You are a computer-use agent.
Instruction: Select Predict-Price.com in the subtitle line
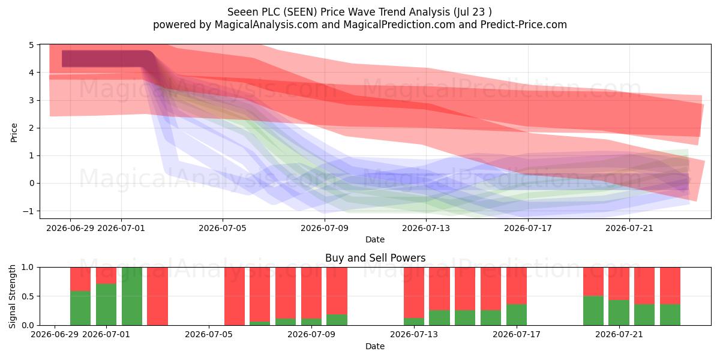tap(524, 25)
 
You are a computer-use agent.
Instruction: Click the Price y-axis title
tap(14, 133)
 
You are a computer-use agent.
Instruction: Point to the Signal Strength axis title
tap(12, 296)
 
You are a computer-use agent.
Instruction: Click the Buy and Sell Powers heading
tap(375, 258)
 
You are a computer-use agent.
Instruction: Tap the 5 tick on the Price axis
tap(31, 45)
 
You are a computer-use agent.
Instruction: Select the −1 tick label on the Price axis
tap(29, 211)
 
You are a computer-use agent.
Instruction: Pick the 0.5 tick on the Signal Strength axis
tap(28, 296)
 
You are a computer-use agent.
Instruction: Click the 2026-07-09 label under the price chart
tap(325, 228)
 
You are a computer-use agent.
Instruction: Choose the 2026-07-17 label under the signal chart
tap(517, 335)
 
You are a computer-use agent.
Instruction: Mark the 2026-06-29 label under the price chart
tap(70, 228)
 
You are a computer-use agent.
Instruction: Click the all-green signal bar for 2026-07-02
tap(132, 296)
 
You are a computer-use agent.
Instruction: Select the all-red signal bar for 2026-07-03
tap(157, 296)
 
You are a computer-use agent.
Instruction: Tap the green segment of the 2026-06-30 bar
tap(80, 308)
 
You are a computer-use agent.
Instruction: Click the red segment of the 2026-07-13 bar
tap(414, 293)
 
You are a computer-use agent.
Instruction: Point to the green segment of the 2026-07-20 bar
tap(593, 311)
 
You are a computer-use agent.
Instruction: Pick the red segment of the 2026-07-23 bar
tap(670, 286)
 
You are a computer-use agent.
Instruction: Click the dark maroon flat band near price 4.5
tap(104, 59)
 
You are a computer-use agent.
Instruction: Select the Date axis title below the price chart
tap(375, 239)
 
